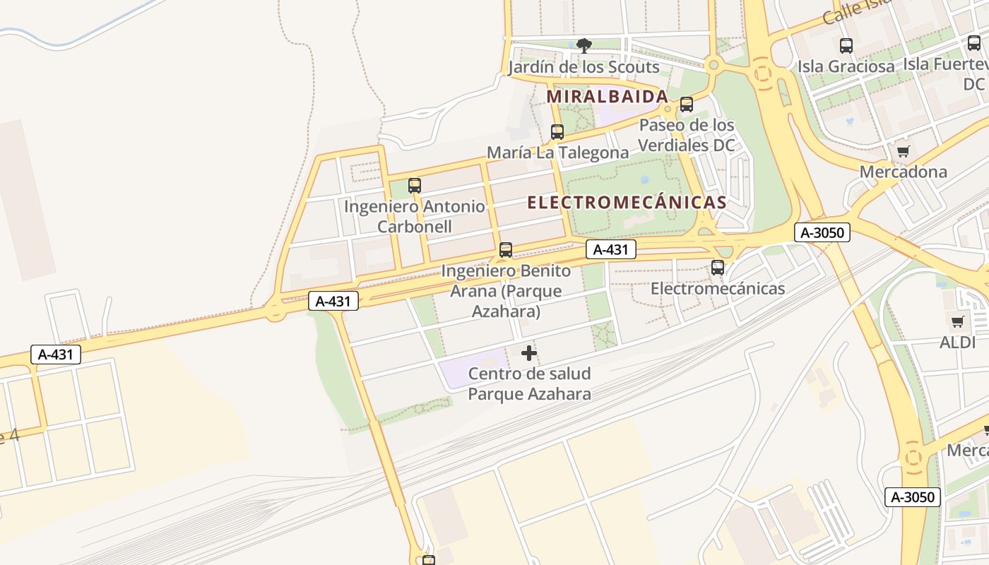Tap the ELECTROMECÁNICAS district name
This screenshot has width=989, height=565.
click(627, 203)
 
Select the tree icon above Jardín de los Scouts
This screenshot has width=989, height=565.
click(584, 46)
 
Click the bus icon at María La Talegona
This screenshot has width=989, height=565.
click(557, 132)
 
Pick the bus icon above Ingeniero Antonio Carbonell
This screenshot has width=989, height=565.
click(415, 186)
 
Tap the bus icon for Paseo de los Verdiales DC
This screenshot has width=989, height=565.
click(686, 105)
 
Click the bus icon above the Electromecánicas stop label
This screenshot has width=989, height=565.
click(718, 268)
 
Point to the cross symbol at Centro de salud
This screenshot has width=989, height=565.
click(529, 353)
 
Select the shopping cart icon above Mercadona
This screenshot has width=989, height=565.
click(903, 151)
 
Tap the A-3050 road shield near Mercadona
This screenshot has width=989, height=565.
click(822, 232)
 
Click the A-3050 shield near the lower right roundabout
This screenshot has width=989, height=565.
click(912, 496)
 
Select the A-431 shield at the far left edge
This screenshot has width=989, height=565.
click(55, 355)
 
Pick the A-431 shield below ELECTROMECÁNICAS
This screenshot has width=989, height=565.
click(610, 249)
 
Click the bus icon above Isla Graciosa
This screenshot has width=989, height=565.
click(846, 46)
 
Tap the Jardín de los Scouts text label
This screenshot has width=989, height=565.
click(584, 68)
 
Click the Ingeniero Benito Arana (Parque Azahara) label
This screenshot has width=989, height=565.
click(506, 291)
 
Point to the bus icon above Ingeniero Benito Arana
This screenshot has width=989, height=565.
click(506, 250)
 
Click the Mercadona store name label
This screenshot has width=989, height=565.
click(903, 172)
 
